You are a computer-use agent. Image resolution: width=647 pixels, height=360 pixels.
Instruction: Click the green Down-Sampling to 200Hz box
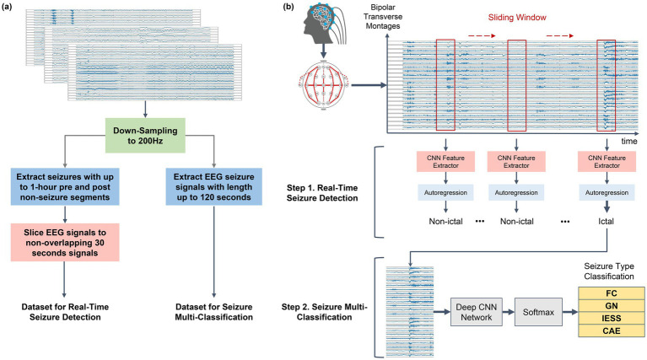click(145, 136)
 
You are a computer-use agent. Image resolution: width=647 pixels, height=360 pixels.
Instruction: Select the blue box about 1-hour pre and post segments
click(65, 187)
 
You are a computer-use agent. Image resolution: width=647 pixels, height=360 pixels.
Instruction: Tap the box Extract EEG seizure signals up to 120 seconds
click(213, 187)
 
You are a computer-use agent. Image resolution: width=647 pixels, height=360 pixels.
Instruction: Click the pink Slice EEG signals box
click(65, 243)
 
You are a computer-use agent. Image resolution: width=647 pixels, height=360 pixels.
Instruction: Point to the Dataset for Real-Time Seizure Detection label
click(65, 312)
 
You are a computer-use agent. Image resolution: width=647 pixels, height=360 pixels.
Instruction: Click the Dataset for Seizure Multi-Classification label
click(213, 312)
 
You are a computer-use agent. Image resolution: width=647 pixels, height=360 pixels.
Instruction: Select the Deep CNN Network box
click(476, 312)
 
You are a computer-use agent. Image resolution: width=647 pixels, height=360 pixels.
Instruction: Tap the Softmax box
click(538, 312)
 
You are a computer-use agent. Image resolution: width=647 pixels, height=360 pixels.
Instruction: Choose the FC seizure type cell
click(612, 293)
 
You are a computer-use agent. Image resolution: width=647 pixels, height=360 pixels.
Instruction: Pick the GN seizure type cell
click(612, 306)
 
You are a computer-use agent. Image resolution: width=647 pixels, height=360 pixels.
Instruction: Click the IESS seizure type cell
click(612, 319)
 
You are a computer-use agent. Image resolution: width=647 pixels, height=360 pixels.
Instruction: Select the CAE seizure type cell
click(612, 330)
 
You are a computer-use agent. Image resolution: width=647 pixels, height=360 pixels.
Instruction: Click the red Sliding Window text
click(517, 18)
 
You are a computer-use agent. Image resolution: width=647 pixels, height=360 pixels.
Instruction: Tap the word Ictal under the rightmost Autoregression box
click(606, 222)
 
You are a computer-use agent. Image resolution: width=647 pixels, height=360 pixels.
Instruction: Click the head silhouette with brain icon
click(324, 24)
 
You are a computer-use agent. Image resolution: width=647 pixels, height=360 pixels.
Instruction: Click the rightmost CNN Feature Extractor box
click(607, 162)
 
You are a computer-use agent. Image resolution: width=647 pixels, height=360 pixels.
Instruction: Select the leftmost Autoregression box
click(445, 192)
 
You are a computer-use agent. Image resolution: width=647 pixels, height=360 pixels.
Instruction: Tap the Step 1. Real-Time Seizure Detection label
click(322, 192)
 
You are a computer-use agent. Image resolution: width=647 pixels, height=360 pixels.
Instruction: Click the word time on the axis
click(629, 141)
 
